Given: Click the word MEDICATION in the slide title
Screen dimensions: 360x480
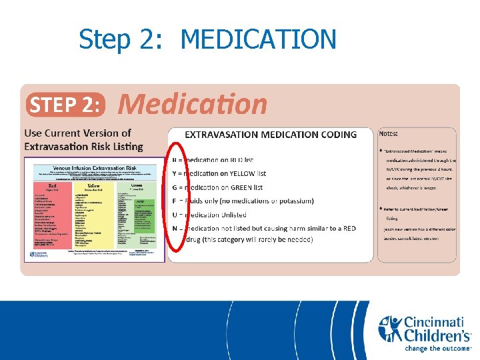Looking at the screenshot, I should point(258,39).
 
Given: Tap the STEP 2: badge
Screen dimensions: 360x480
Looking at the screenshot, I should point(66,105).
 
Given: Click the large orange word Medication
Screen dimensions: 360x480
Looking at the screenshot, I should point(193,104).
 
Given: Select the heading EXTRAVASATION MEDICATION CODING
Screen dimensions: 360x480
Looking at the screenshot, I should point(271,135).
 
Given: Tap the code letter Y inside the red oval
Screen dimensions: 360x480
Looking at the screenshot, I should point(175,174).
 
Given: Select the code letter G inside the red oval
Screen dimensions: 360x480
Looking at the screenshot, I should point(175,188).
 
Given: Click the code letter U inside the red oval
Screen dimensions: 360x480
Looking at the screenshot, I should point(175,215).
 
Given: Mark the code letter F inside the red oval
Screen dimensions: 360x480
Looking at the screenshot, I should point(175,201).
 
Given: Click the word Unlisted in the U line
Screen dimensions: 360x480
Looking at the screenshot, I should point(239,215).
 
